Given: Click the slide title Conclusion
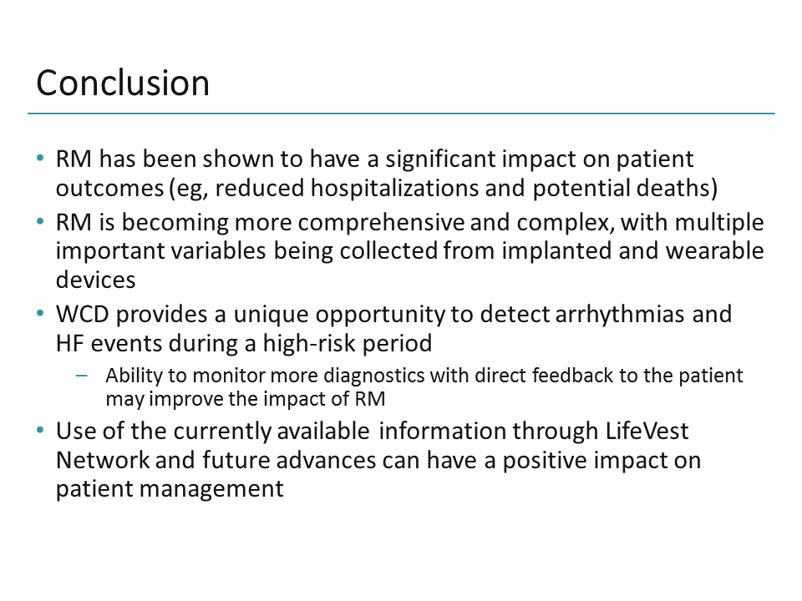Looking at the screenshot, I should [123, 83].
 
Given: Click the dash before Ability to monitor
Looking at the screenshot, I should [81, 376].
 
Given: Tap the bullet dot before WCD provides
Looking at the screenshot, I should [41, 315].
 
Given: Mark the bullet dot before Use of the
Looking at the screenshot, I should [41, 432].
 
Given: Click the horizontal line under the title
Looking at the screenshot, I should [401, 113].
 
